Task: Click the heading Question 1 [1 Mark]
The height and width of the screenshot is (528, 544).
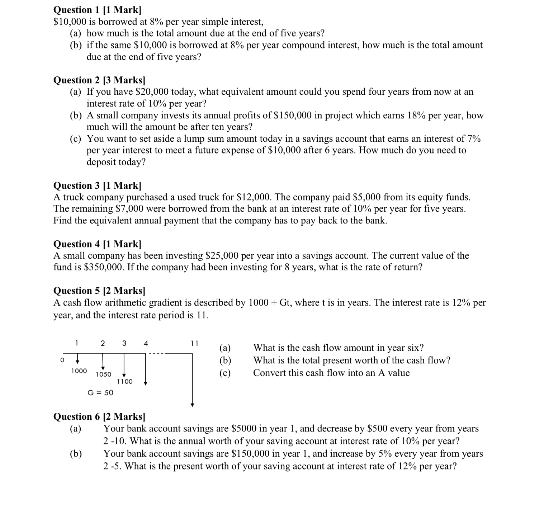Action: coord(97,10)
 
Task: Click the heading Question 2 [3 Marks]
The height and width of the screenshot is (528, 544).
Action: coord(99,80)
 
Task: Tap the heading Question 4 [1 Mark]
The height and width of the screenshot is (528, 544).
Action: coord(97,244)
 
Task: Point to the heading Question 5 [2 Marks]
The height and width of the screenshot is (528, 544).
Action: coord(99,290)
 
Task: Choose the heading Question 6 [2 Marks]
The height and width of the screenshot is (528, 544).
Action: coord(99,416)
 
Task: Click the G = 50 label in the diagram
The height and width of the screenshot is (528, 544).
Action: coord(100,392)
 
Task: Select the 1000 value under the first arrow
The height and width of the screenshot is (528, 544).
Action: coord(79,371)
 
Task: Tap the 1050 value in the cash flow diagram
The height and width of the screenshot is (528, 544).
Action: coord(103,374)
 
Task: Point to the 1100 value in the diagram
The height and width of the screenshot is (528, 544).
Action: coord(125,382)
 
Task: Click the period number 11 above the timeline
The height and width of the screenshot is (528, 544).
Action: coord(194,343)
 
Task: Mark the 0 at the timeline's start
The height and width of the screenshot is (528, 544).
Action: coord(62,359)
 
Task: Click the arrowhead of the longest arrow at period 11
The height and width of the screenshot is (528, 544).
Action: coord(193,405)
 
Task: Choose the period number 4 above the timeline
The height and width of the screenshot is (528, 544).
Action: coord(146,343)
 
